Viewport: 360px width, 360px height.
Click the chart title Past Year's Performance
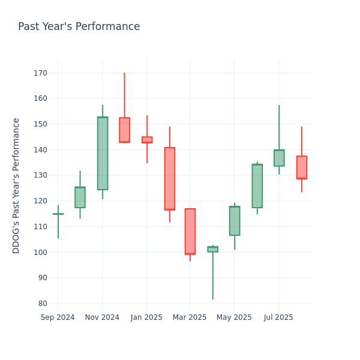pos(79,27)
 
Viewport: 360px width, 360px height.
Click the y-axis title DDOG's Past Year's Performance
pos(16,185)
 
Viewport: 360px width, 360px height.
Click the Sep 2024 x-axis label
pos(58,317)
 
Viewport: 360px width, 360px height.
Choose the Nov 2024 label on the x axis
pos(102,317)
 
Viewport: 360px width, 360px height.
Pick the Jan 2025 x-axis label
pos(146,317)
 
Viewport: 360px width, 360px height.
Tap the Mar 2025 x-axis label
pos(190,317)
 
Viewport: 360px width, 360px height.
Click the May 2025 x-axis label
pos(234,317)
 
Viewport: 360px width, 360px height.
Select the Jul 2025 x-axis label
pos(278,317)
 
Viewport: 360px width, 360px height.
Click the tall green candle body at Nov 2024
pos(103,153)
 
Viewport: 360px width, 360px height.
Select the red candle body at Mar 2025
pos(190,231)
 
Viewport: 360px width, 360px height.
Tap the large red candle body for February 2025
pos(170,178)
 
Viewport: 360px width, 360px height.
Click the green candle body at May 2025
pos(235,221)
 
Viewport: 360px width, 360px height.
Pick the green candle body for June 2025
pos(257,186)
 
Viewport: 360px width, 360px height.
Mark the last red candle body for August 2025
pos(302,167)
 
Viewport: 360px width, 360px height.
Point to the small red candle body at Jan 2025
pos(147,140)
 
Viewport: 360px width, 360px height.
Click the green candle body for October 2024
pos(80,197)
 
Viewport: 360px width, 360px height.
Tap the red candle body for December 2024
pos(124,130)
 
